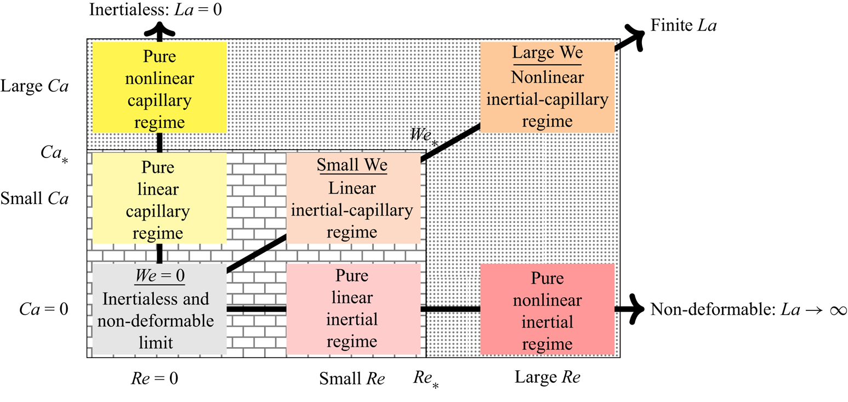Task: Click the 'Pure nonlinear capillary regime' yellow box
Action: [x=160, y=87]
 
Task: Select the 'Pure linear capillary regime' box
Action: [x=160, y=198]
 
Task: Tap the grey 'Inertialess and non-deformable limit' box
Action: [x=160, y=309]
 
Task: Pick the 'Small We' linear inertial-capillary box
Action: [x=353, y=198]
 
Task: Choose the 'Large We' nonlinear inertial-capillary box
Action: [x=547, y=87]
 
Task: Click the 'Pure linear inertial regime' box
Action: [x=353, y=309]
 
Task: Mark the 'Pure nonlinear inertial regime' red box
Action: [x=547, y=309]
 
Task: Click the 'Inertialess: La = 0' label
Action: [x=155, y=9]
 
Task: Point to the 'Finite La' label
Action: [x=684, y=25]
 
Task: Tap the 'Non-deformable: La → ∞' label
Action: [x=748, y=309]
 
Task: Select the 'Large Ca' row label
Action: [x=35, y=87]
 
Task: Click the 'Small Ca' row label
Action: [x=35, y=198]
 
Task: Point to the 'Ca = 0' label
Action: [x=44, y=309]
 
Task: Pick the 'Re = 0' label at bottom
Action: [x=155, y=378]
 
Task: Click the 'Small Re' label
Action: [x=352, y=378]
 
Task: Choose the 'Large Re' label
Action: [x=548, y=377]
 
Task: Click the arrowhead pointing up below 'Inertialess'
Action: [x=160, y=30]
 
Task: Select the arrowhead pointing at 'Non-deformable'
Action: [x=634, y=309]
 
